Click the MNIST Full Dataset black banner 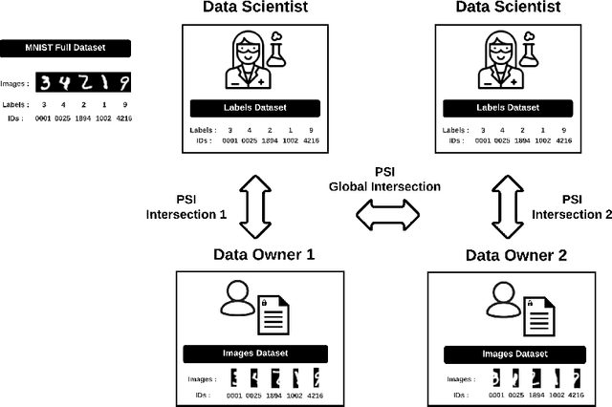tap(65, 47)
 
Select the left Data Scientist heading tap(254, 9)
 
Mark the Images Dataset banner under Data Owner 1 tap(255, 353)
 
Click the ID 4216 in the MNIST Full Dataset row tap(123, 118)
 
